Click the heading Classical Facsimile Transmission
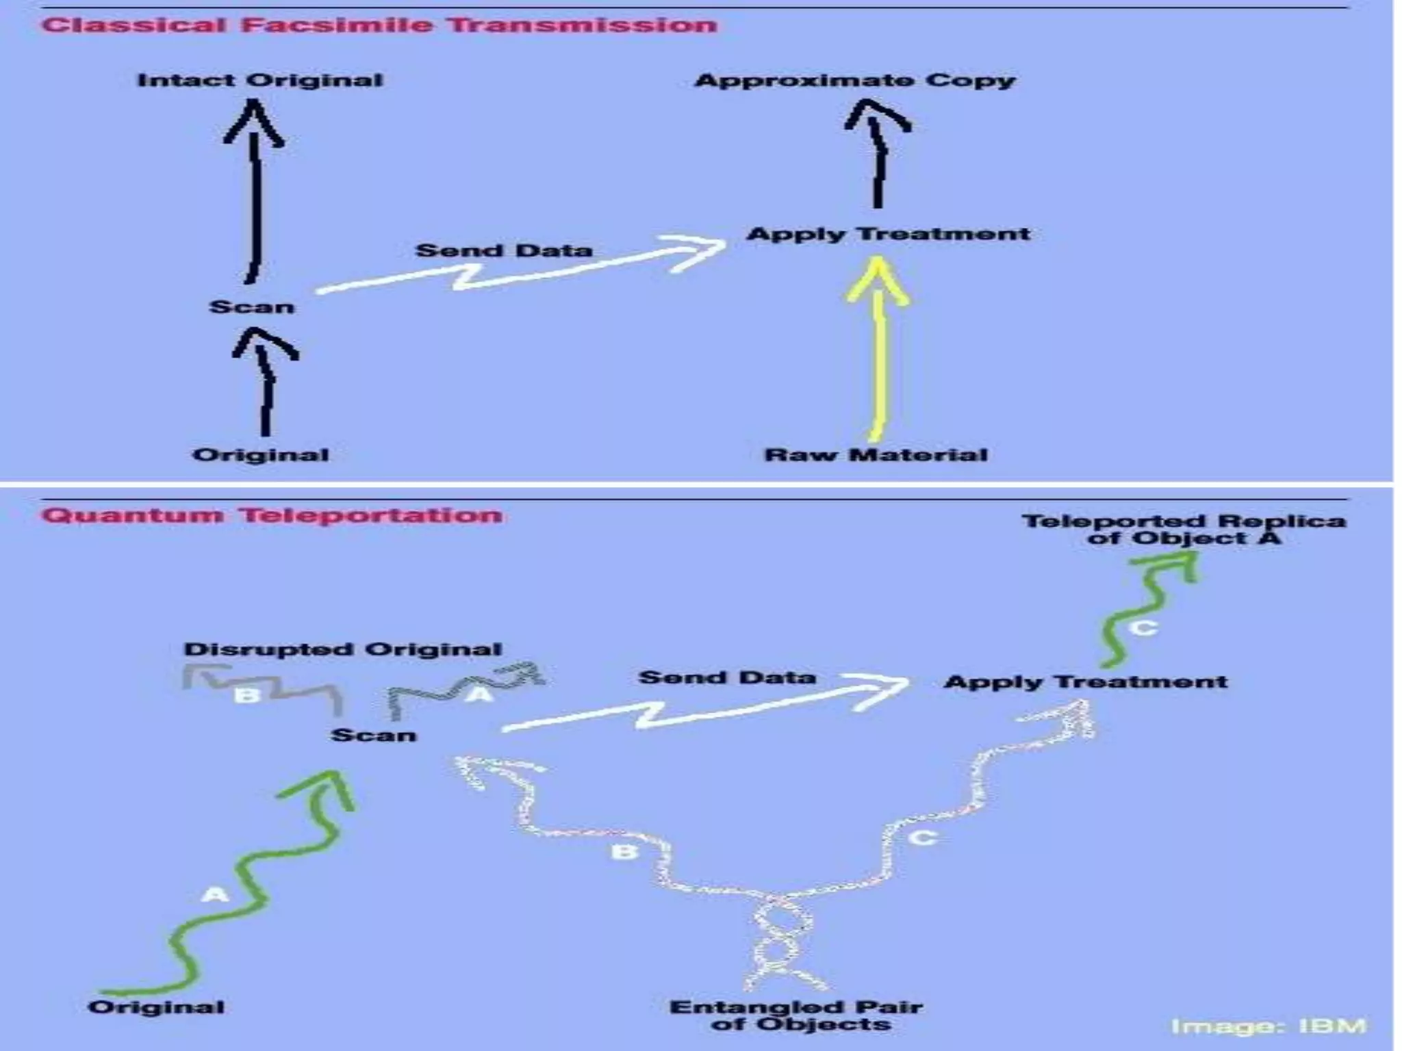[379, 26]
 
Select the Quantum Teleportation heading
[272, 515]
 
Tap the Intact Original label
[259, 80]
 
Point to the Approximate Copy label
[855, 81]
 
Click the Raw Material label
[876, 455]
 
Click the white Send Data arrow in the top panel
[520, 270]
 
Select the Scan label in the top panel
[251, 307]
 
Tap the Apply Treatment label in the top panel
[888, 234]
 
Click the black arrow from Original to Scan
[266, 383]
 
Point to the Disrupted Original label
[343, 649]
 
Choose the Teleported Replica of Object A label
[1184, 530]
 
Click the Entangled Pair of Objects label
[796, 1015]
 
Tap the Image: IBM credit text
[1269, 1026]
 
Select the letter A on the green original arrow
[214, 894]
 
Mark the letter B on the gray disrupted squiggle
[248, 696]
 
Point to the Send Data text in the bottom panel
[727, 677]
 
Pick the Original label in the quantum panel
[156, 1007]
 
